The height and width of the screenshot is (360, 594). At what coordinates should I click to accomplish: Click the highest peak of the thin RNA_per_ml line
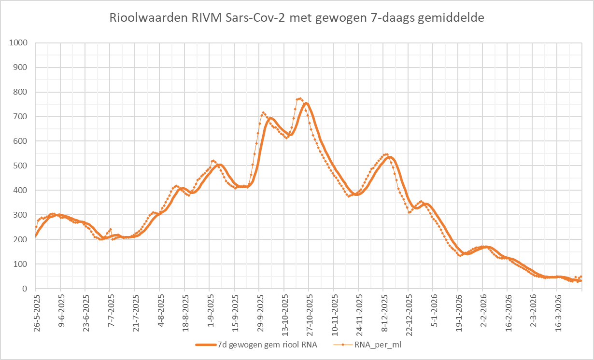click(x=300, y=98)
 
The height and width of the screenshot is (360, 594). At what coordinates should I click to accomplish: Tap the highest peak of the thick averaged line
click(x=306, y=103)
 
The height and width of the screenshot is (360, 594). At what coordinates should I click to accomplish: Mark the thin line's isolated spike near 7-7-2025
click(x=111, y=229)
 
